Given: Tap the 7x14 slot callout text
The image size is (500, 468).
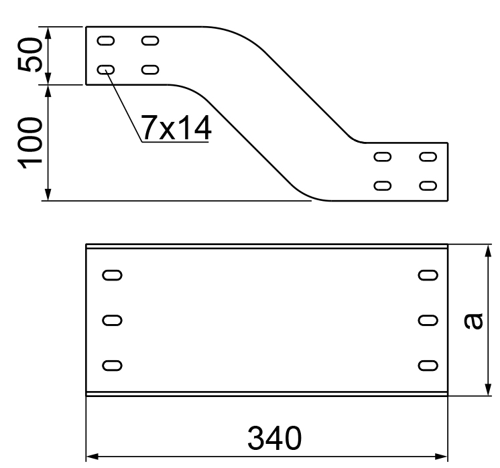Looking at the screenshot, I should pyautogui.click(x=176, y=127).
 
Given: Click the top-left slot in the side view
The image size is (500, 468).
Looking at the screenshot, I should pyautogui.click(x=105, y=41).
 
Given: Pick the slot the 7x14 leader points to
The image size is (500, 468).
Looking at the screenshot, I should pyautogui.click(x=105, y=69).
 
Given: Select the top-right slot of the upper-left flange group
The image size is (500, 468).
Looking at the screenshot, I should pyautogui.click(x=150, y=41).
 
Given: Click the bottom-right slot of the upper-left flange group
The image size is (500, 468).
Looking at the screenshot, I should pyautogui.click(x=150, y=69).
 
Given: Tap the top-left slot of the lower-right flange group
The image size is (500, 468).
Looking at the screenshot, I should pyautogui.click(x=383, y=157).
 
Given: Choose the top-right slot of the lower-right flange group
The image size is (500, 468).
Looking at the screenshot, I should pyautogui.click(x=427, y=157).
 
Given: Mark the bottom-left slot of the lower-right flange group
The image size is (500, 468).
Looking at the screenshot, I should pyautogui.click(x=383, y=185).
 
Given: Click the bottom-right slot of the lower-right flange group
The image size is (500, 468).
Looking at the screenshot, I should pyautogui.click(x=427, y=185).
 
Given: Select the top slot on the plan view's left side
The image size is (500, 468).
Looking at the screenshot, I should pyautogui.click(x=112, y=275).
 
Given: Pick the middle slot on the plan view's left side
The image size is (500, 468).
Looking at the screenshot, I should pyautogui.click(x=112, y=320).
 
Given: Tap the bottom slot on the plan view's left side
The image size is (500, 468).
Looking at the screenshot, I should pyautogui.click(x=112, y=365).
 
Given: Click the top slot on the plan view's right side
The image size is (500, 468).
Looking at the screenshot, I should pyautogui.click(x=427, y=275).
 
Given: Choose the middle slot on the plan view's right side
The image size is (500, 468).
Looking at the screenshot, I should pyautogui.click(x=427, y=320).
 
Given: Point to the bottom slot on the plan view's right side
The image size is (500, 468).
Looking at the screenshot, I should pyautogui.click(x=427, y=365).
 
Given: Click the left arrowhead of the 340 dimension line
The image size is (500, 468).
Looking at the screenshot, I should pyautogui.click(x=92, y=457).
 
